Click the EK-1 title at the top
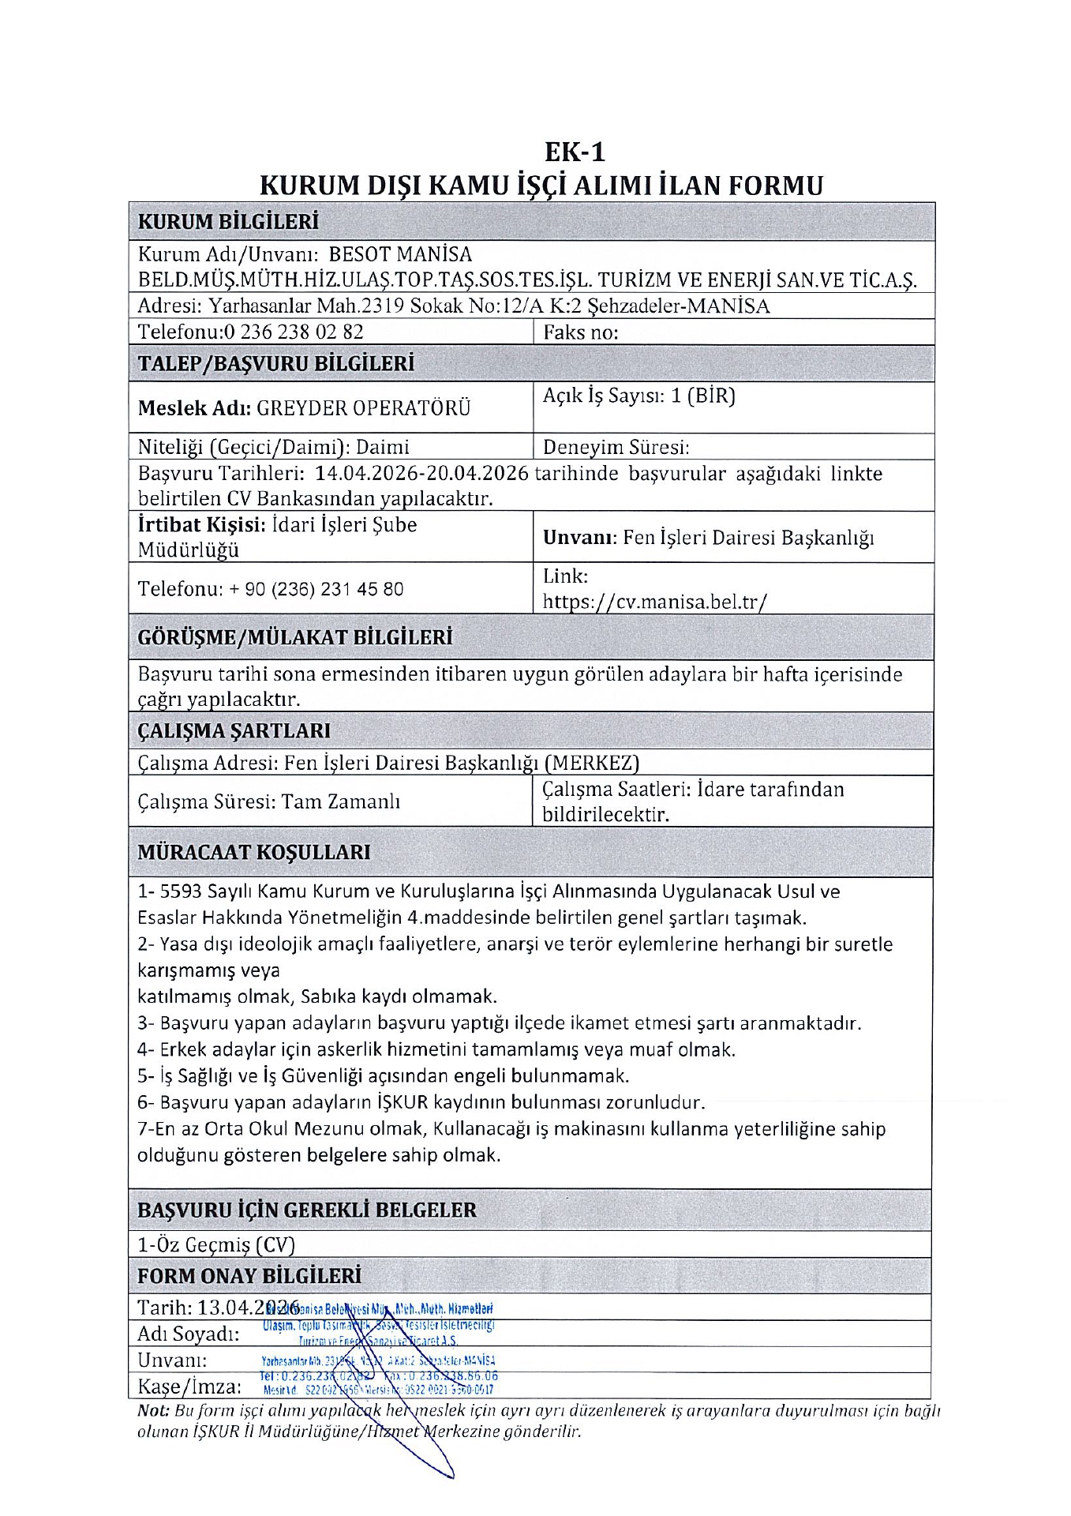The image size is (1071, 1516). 575,151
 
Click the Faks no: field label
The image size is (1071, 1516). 580,332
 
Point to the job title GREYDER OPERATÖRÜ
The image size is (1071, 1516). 364,408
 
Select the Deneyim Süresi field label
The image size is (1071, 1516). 616,448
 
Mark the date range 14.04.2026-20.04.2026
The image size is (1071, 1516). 421,474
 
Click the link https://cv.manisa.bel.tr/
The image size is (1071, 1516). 654,602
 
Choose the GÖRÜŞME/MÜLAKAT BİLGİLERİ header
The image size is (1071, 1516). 294,637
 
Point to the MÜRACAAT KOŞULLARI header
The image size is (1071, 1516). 253,853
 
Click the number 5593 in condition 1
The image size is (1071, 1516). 182,891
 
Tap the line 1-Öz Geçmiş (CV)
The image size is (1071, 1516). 215,1244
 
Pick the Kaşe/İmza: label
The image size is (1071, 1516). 189,1387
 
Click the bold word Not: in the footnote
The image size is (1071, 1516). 153,1410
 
